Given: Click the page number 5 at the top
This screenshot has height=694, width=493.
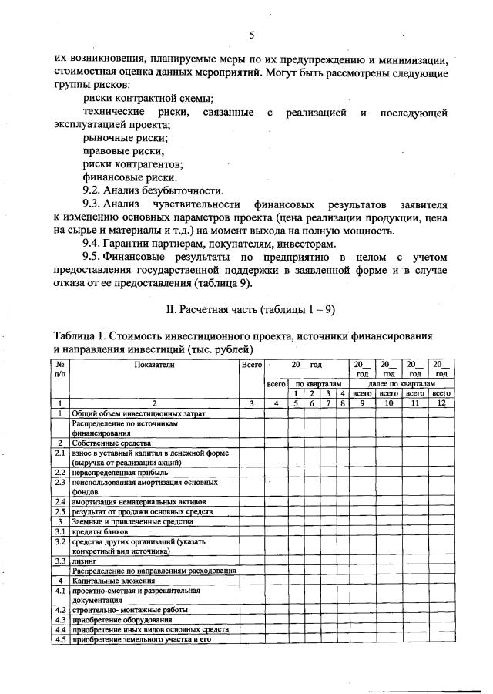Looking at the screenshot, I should point(252,35).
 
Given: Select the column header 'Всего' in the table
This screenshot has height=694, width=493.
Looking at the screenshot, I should point(250,363).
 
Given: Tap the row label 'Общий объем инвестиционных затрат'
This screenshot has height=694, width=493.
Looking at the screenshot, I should point(128,413).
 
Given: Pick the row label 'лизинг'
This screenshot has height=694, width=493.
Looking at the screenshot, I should point(84,561).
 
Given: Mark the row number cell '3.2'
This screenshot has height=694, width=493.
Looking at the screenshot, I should point(60,541).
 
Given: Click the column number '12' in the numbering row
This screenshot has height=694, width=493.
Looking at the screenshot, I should point(441,403).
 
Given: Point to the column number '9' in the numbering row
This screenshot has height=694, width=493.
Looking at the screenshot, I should point(362,403).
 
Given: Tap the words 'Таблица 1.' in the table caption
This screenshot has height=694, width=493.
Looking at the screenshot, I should point(79,335).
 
